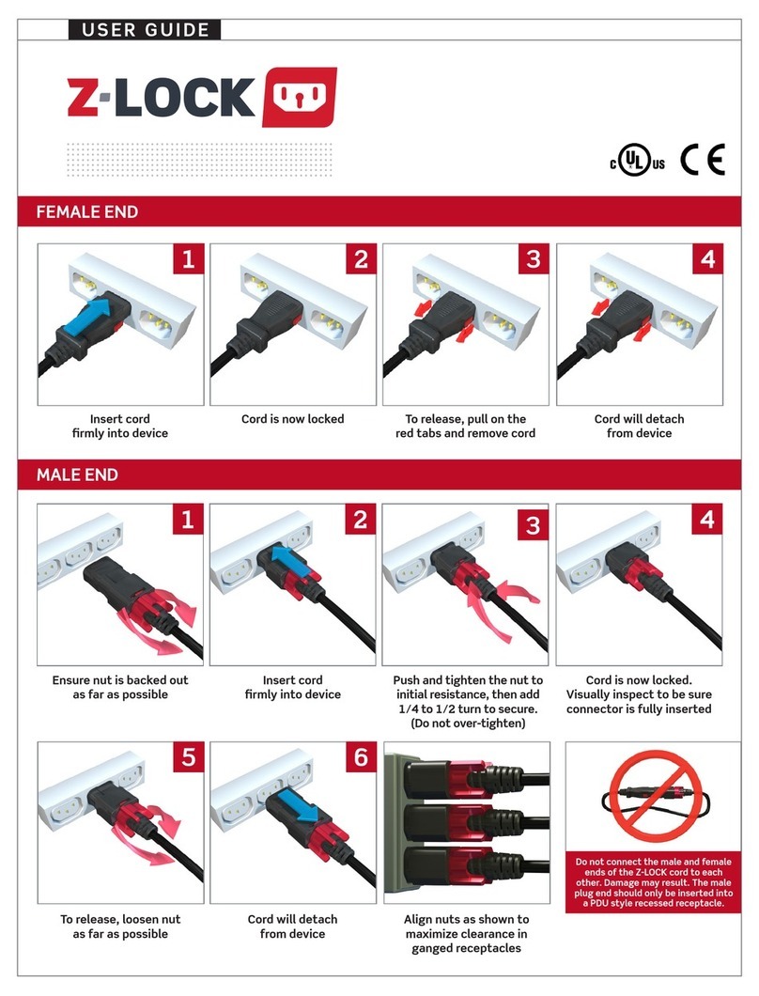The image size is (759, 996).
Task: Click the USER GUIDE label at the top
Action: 145,30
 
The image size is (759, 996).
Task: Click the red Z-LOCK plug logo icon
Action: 299,96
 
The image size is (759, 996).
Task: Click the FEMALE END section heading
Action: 87,212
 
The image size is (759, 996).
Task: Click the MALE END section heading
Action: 77,475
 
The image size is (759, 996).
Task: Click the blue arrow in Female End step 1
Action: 100,315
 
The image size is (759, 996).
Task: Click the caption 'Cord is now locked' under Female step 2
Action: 292,418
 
